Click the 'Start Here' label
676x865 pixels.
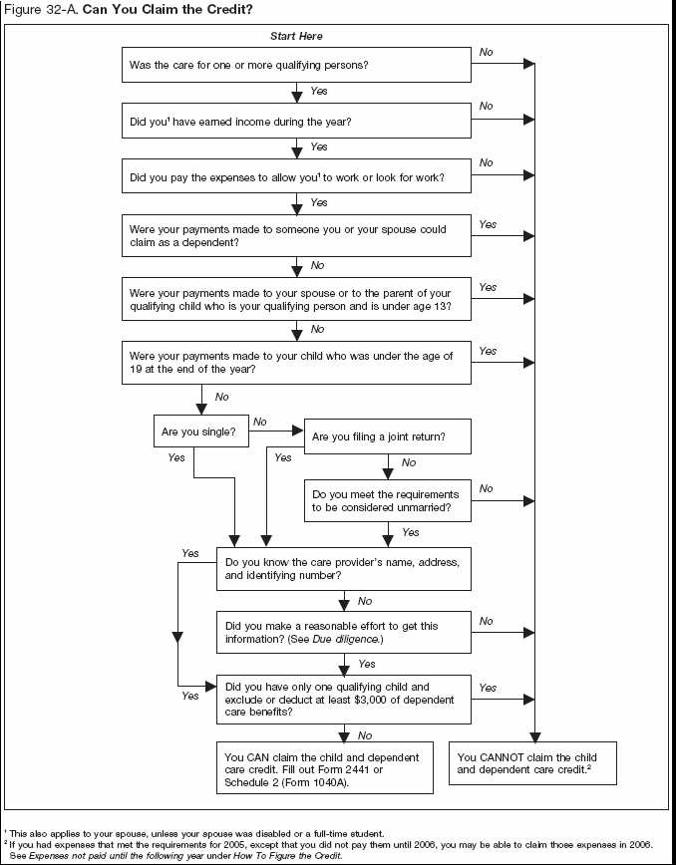click(296, 36)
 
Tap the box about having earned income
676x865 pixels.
click(296, 122)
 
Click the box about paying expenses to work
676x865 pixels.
click(296, 178)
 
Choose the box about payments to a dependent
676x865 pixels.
click(296, 235)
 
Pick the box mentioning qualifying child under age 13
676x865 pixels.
click(296, 300)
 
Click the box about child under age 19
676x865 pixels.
click(296, 363)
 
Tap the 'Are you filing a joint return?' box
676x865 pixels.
click(387, 436)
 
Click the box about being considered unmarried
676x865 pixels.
click(387, 501)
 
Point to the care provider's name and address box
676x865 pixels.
click(344, 569)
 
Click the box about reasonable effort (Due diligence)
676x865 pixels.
click(344, 632)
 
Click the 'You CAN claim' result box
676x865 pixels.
click(325, 766)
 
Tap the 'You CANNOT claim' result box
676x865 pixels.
click(534, 763)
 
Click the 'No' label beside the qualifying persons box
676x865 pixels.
click(486, 50)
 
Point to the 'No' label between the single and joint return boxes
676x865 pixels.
click(260, 422)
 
